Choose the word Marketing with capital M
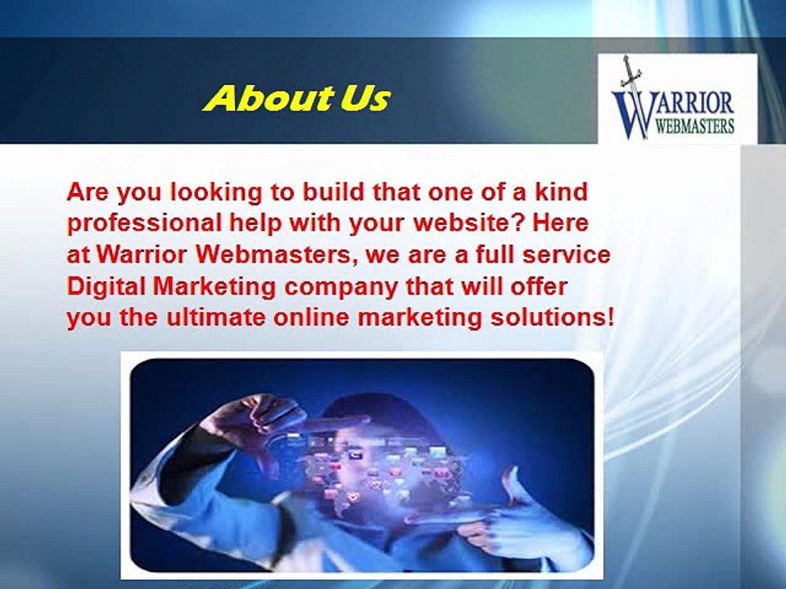(x=206, y=286)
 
